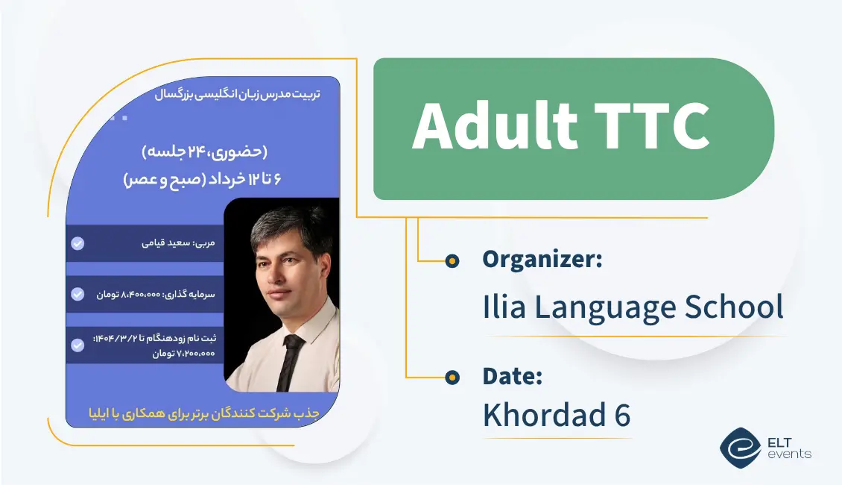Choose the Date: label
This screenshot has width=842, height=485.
tap(512, 377)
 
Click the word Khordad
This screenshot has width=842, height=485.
tap(542, 415)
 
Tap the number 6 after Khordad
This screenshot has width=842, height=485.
tap(622, 415)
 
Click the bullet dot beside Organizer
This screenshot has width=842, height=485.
tap(452, 260)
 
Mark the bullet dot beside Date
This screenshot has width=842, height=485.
tap(452, 378)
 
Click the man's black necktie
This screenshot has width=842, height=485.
tap(290, 361)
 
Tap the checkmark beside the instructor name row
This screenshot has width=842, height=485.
tap(77, 243)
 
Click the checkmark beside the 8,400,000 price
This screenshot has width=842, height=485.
tap(77, 294)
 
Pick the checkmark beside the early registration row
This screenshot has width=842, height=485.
tap(77, 345)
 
